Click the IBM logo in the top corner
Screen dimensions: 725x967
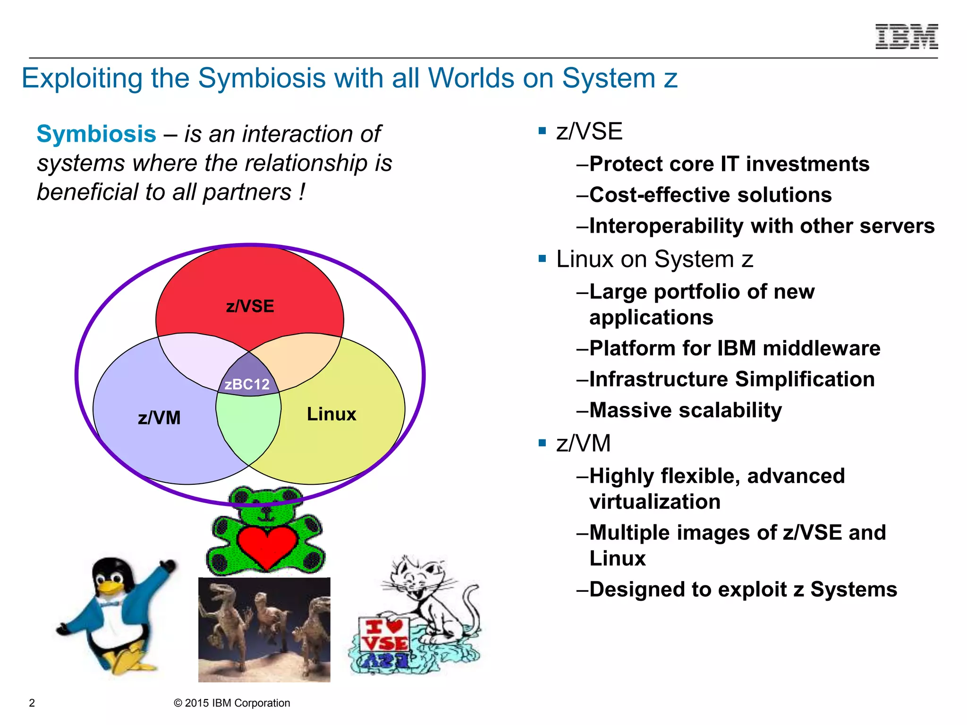coord(906,36)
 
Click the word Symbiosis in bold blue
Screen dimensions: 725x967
coord(96,134)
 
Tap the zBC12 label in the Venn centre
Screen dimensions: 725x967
coord(247,384)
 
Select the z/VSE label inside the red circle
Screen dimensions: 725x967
coord(250,306)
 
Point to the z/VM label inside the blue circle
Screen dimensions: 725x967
coord(159,418)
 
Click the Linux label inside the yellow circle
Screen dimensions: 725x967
coord(331,414)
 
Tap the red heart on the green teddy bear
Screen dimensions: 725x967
coord(267,546)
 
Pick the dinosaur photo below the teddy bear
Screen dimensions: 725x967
coord(264,629)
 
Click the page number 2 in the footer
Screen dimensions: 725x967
coord(32,703)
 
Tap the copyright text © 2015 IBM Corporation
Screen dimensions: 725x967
coord(232,703)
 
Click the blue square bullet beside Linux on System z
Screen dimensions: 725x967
coord(542,259)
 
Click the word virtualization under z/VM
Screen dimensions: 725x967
coord(655,502)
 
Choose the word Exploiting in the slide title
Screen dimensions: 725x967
coord(82,78)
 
